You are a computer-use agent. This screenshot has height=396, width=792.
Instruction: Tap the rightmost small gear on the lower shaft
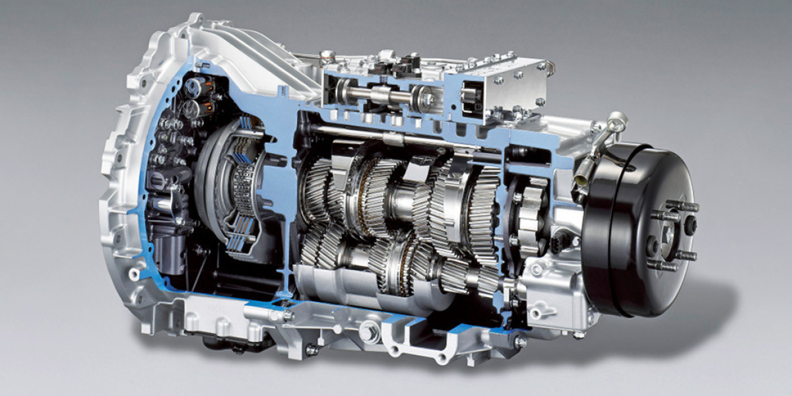coord(489,280)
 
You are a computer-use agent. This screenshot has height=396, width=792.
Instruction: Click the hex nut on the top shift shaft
coord(426,99)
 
